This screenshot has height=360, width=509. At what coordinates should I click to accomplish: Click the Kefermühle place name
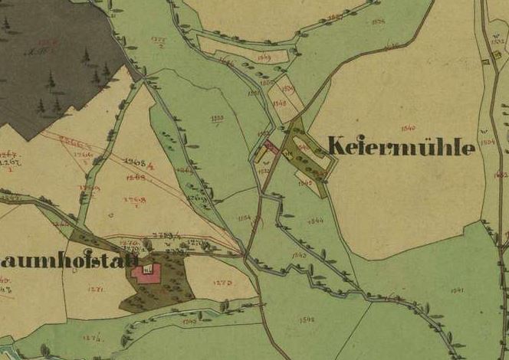[401, 147]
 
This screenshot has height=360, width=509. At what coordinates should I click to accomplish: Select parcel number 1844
[315, 221]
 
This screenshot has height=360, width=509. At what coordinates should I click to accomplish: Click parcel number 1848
[279, 102]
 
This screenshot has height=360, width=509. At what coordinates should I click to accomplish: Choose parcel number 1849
[265, 57]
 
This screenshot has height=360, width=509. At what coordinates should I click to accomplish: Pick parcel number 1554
[245, 218]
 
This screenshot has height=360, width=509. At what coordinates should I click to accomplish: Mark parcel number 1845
[305, 184]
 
